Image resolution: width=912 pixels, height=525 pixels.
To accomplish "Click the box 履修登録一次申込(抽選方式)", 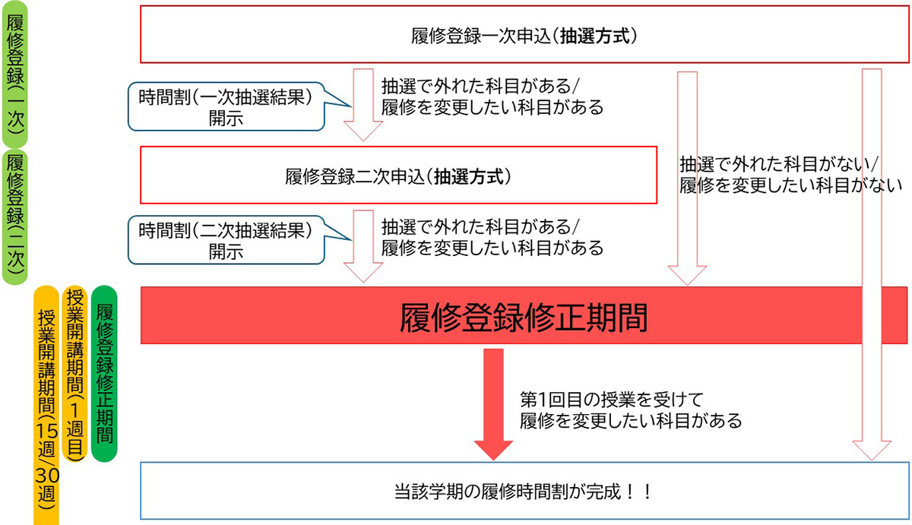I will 524,35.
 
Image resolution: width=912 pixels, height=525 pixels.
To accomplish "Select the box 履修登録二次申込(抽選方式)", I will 398,176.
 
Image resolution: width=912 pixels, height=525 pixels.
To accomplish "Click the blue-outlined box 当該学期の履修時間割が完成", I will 524,491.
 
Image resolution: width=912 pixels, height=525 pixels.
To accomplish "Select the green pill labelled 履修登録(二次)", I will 14,217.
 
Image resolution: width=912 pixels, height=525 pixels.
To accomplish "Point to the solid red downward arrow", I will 494,403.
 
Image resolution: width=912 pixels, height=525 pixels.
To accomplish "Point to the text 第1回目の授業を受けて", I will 614,399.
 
